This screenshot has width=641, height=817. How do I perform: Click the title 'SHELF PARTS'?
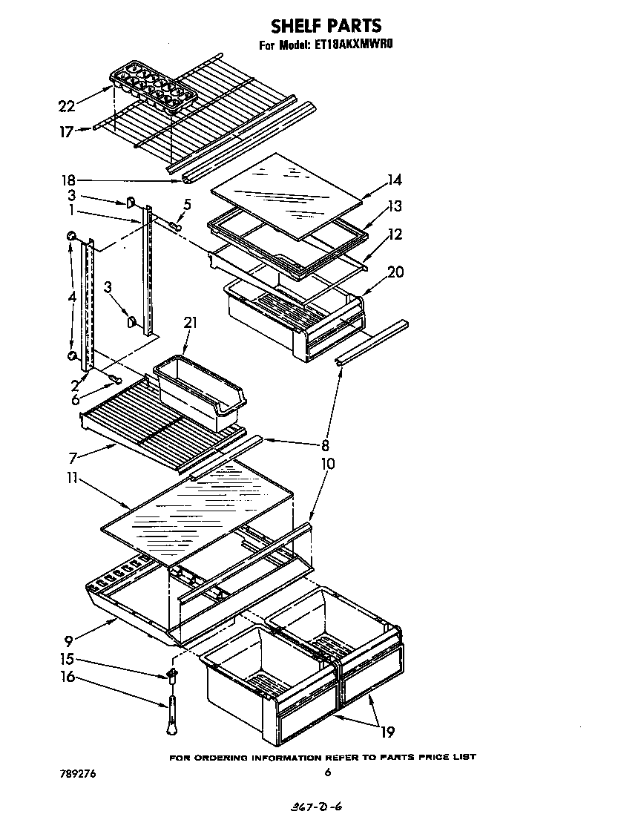[326, 27]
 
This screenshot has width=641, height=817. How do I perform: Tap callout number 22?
[66, 106]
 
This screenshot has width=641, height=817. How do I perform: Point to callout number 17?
[66, 132]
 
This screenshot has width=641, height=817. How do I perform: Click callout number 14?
[394, 179]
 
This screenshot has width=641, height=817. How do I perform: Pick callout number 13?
[394, 206]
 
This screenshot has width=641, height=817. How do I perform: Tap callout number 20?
[395, 272]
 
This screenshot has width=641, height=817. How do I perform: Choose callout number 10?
[327, 464]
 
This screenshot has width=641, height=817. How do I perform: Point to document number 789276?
[77, 773]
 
